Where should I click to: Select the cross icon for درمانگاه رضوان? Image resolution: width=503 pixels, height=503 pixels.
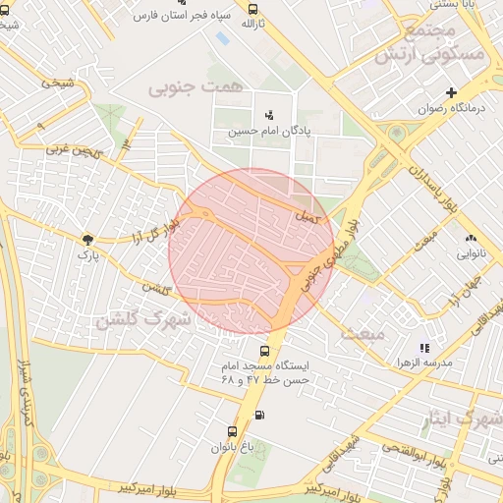(451, 92)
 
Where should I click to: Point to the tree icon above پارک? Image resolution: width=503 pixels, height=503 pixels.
(88, 239)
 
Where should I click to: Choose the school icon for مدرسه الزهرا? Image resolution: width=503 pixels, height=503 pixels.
(424, 348)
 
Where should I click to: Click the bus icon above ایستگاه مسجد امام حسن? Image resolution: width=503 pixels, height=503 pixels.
(263, 351)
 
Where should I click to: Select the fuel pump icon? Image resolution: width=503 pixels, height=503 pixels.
(259, 414)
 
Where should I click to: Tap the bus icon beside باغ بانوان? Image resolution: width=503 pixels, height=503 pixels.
(233, 431)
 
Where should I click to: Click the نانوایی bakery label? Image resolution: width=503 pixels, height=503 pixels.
(470, 253)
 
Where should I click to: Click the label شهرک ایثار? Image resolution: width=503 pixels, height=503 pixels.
(463, 421)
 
